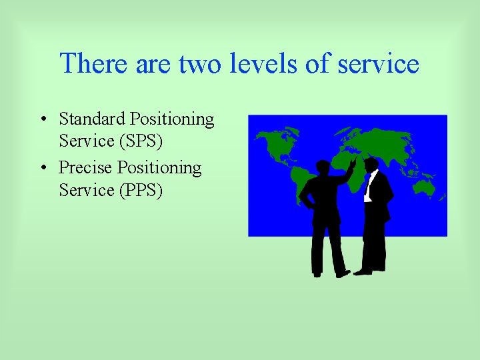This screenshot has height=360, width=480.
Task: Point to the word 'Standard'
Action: tap(92, 119)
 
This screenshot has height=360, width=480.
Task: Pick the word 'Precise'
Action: tap(86, 167)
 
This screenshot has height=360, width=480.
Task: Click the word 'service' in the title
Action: tap(378, 64)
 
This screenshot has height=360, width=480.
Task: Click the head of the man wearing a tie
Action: tap(372, 164)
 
